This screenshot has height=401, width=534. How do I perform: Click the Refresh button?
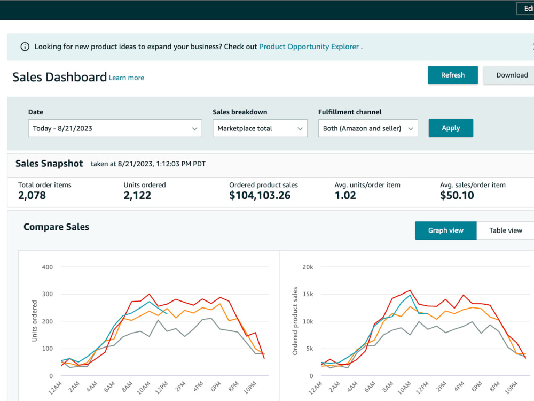(453, 75)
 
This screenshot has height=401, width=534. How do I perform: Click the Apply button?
(451, 128)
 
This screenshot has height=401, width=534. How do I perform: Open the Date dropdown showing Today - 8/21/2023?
(115, 128)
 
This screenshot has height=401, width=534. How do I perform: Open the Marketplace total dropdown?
(260, 128)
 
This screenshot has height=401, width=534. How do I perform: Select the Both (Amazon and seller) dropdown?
(368, 128)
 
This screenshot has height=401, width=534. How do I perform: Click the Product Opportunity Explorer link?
(309, 47)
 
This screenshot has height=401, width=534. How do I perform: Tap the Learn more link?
(127, 78)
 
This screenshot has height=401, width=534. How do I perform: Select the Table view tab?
(505, 230)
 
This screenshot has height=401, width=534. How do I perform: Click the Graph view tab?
(446, 230)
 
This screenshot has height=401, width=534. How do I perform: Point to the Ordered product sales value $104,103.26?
(260, 195)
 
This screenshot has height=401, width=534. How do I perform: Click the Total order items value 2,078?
(32, 195)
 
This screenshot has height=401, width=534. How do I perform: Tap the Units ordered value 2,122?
(137, 195)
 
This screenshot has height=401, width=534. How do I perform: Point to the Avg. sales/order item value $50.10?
(457, 195)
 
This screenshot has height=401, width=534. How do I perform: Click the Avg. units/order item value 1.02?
(345, 195)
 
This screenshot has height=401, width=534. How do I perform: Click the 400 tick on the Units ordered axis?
(48, 267)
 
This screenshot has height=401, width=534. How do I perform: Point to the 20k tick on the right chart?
(308, 267)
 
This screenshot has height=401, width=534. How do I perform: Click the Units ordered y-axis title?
(34, 321)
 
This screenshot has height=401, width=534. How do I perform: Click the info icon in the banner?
(25, 47)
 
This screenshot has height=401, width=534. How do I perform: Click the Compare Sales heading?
(56, 227)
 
